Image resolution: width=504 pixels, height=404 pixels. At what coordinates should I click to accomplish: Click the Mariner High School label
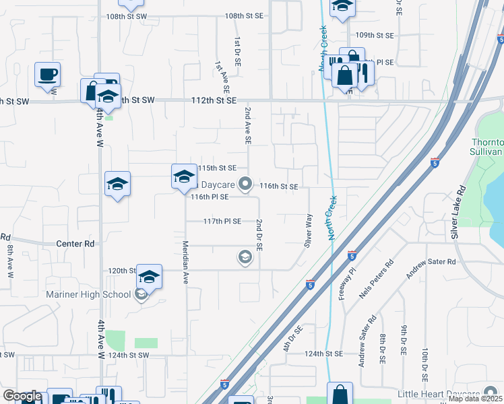(89, 294)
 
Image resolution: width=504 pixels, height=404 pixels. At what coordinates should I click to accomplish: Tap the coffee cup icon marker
(47, 73)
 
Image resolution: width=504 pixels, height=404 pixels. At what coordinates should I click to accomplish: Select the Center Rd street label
(75, 244)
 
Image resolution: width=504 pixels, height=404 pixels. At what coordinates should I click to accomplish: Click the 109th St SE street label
(374, 35)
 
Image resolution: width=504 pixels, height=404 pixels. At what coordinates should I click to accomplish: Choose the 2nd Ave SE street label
(247, 125)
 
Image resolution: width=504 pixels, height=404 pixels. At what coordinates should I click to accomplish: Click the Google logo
(22, 396)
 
